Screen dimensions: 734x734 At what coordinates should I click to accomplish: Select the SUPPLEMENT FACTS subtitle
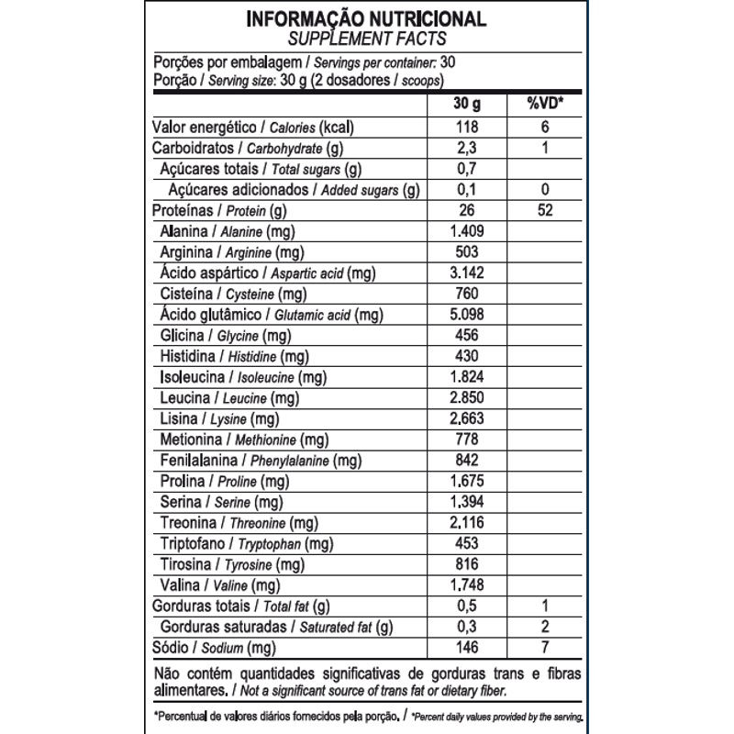click(x=366, y=39)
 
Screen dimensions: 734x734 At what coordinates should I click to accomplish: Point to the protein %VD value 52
click(x=545, y=211)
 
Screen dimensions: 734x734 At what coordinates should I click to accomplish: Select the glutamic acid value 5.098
click(x=467, y=315)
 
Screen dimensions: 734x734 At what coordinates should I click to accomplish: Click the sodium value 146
click(x=467, y=647)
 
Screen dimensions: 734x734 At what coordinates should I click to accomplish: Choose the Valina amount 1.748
click(x=467, y=584)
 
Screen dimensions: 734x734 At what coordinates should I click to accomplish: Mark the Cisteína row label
click(x=217, y=295)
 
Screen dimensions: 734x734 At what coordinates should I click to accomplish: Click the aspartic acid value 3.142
click(x=467, y=273)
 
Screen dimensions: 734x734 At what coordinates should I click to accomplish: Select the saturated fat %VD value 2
click(x=545, y=627)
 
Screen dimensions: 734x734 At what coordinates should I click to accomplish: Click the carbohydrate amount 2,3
click(x=467, y=149)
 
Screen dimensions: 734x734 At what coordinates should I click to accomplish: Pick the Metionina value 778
click(x=467, y=439)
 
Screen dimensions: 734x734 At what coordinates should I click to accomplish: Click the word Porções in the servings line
click(x=180, y=63)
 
